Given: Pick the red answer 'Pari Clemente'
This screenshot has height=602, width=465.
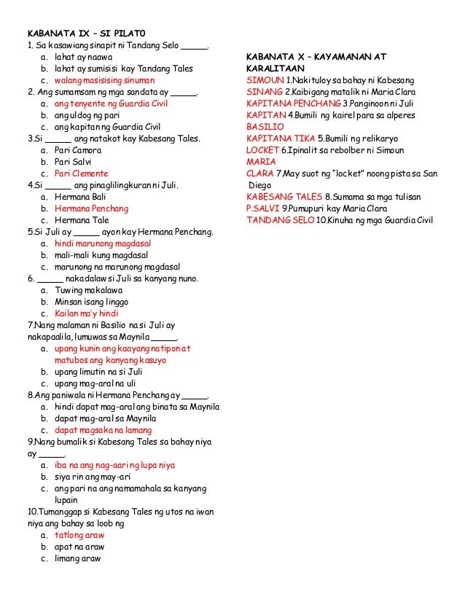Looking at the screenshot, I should point(81,174).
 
